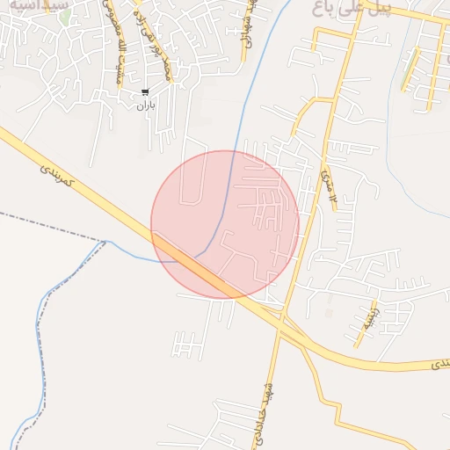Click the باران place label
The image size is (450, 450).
pyautogui.click(x=145, y=105)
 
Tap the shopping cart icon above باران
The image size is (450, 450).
pyautogui.click(x=145, y=91)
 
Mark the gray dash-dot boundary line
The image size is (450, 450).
pyautogui.click(x=53, y=228)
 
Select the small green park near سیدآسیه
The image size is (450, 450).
pyautogui.click(x=65, y=16)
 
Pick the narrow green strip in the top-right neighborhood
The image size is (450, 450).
pyautogui.click(x=406, y=75)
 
